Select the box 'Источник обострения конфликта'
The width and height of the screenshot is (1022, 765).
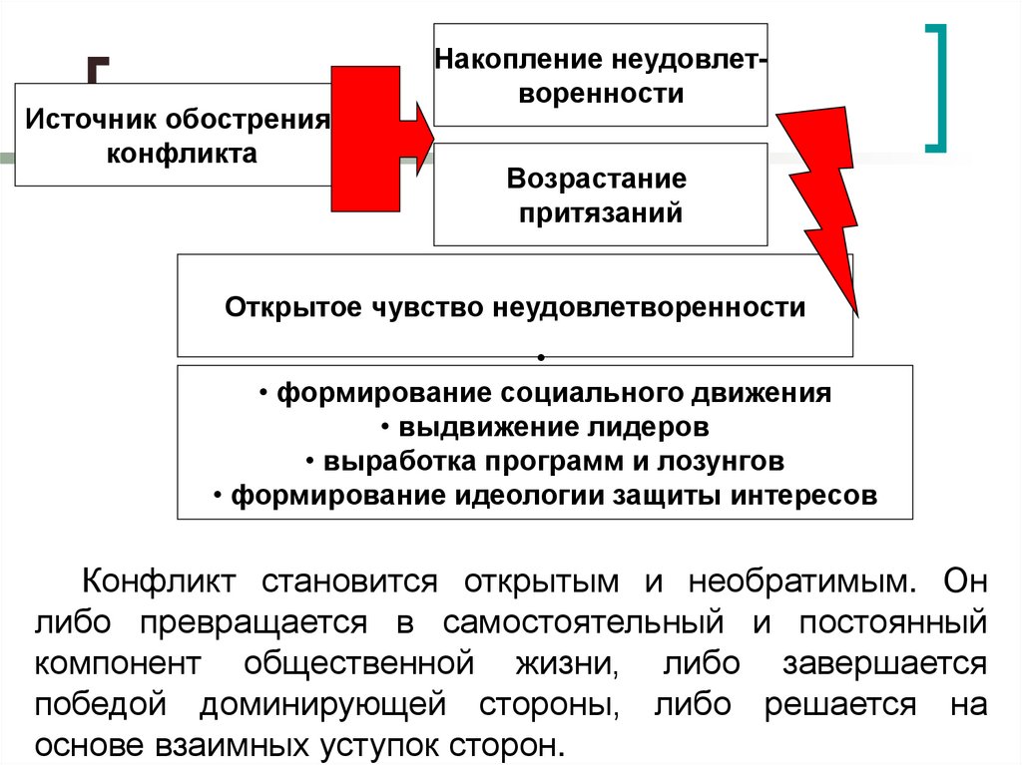point(175,136)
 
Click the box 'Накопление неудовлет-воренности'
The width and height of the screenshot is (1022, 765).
point(600,75)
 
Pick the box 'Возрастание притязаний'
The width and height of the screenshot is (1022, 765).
point(600,195)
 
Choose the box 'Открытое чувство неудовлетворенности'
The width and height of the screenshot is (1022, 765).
point(514,306)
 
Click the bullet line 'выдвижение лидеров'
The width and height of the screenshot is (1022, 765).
point(545,427)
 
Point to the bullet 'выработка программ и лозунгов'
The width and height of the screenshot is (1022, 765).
point(545,461)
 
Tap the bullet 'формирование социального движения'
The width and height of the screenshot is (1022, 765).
point(545,393)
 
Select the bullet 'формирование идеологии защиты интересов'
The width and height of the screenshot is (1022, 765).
point(545,496)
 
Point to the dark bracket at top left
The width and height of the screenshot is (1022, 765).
point(97,75)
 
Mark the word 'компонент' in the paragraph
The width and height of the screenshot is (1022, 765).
point(119,663)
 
